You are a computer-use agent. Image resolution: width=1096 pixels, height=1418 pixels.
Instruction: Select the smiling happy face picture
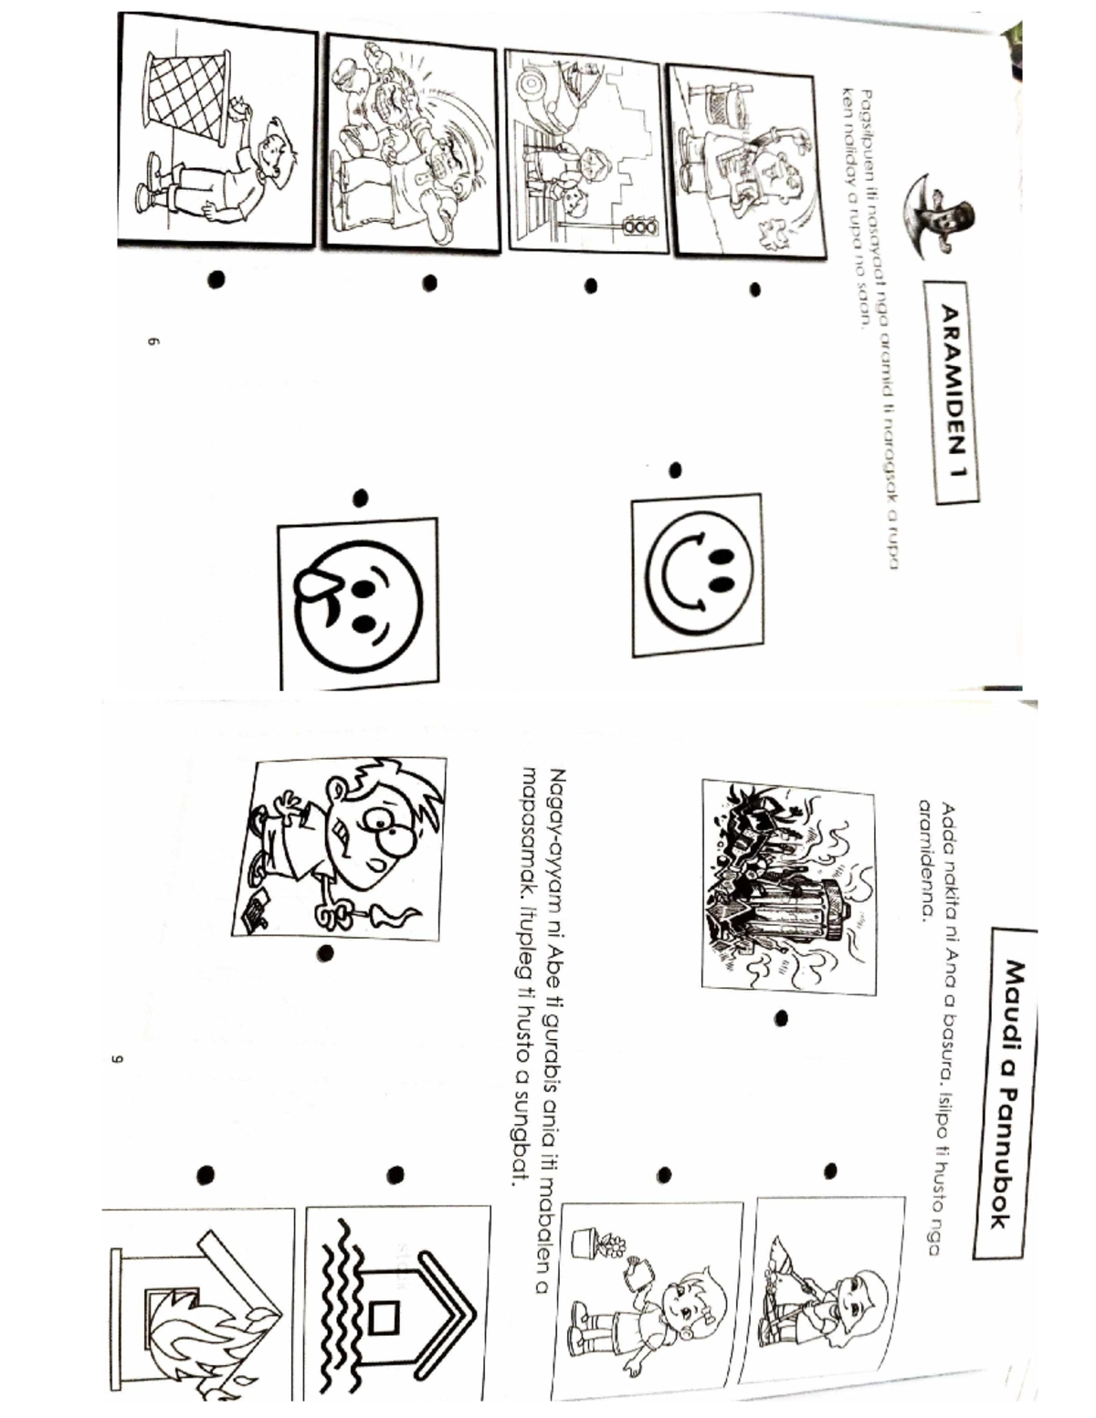click(x=697, y=575)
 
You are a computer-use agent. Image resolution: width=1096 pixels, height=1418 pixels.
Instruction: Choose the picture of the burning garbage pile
click(x=788, y=886)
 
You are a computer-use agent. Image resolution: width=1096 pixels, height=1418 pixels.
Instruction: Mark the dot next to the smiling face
click(x=675, y=470)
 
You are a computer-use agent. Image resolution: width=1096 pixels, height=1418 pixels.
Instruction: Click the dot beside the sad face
click(x=360, y=498)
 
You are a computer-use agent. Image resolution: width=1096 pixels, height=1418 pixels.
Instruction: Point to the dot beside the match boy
click(x=324, y=953)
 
